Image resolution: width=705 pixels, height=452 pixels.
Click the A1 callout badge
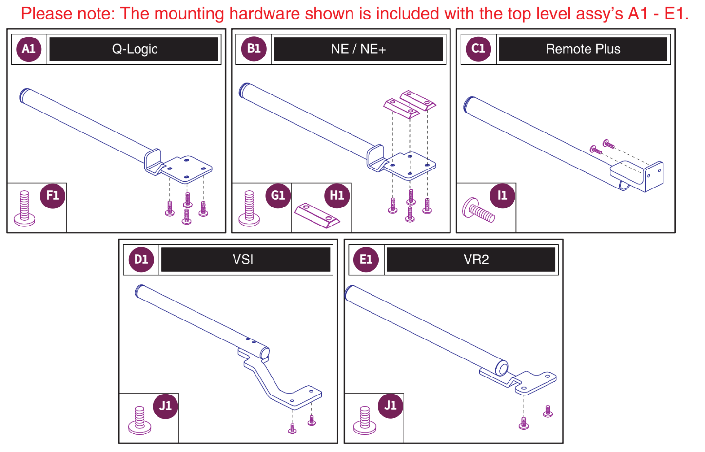point(29,49)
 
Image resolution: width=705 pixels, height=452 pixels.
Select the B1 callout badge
point(254,49)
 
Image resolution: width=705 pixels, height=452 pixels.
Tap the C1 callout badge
point(478,49)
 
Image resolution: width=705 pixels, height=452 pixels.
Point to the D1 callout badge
point(141,260)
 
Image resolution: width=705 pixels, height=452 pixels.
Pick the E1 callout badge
point(366,260)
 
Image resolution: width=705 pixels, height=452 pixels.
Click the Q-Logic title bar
point(134,49)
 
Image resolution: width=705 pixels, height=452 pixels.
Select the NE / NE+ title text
point(358,49)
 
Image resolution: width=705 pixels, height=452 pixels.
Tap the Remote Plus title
point(583,49)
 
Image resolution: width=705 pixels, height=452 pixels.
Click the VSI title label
point(243,260)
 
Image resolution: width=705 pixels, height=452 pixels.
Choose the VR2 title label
point(476,260)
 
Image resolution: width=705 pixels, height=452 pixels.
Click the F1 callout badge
point(53,196)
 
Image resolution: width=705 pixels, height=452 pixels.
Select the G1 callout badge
point(278,196)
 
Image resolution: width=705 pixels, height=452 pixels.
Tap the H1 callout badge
point(337,196)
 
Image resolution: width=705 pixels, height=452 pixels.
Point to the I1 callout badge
point(502,196)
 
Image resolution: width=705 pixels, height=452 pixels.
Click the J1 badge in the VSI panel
point(166,406)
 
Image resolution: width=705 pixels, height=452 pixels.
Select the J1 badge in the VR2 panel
point(391,406)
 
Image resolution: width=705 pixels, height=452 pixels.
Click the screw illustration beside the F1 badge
point(24,208)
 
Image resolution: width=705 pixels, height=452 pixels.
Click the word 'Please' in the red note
point(45,14)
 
